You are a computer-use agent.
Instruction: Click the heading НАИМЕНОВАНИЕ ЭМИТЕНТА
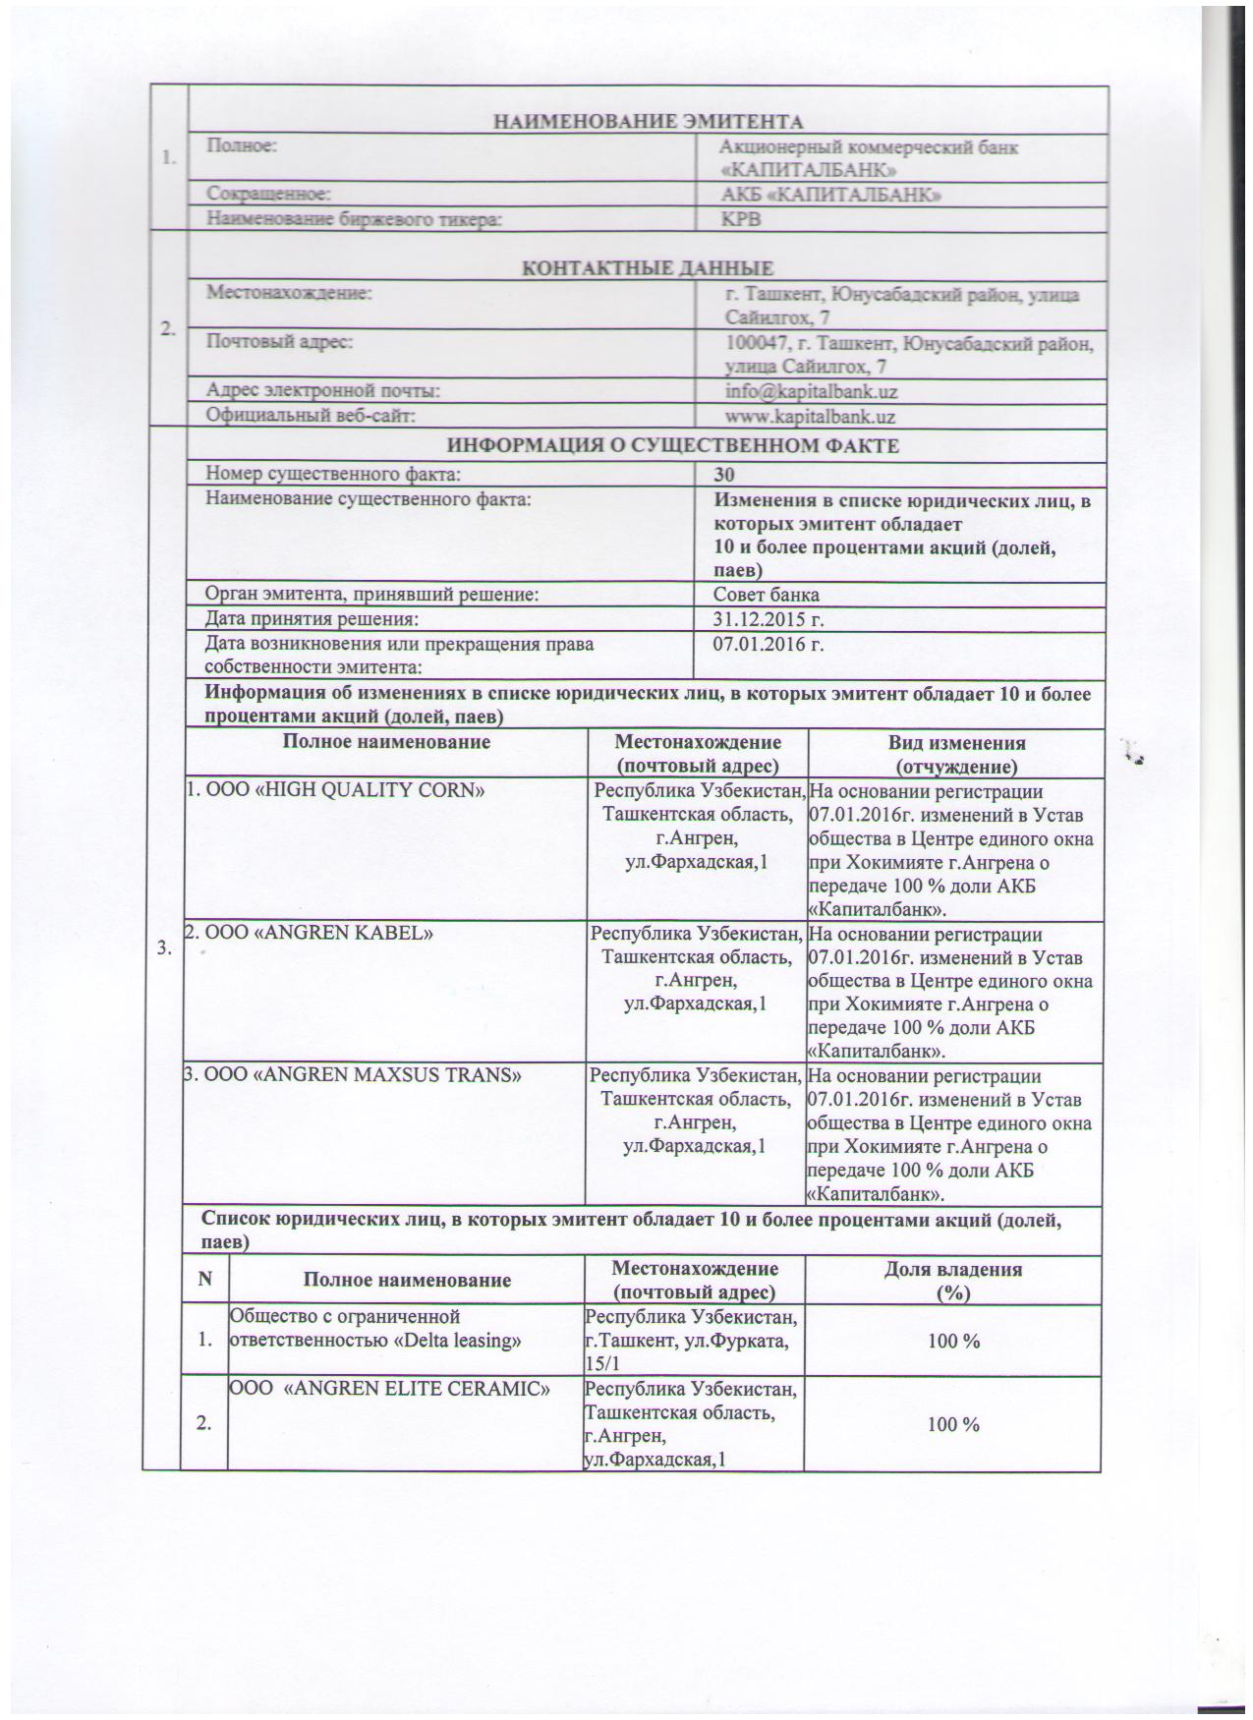pyautogui.click(x=648, y=122)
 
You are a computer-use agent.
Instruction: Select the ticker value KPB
pyautogui.click(x=742, y=220)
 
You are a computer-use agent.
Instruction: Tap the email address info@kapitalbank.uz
pyautogui.click(x=811, y=391)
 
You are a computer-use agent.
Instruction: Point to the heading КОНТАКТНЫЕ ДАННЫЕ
pyautogui.click(x=647, y=268)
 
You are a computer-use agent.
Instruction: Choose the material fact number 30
pyautogui.click(x=725, y=475)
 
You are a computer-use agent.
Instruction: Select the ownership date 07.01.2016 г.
pyautogui.click(x=768, y=645)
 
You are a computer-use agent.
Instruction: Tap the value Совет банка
pyautogui.click(x=767, y=595)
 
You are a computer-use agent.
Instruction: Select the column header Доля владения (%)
pyautogui.click(x=952, y=1281)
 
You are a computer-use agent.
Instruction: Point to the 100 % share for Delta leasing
pyautogui.click(x=953, y=1341)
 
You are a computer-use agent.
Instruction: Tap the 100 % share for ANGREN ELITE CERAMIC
pyautogui.click(x=953, y=1423)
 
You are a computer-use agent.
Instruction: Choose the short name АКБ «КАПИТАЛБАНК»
pyautogui.click(x=831, y=196)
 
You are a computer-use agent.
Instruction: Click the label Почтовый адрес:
pyautogui.click(x=278, y=342)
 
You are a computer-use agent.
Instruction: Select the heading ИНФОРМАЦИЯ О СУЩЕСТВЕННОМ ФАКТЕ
pyautogui.click(x=673, y=446)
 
